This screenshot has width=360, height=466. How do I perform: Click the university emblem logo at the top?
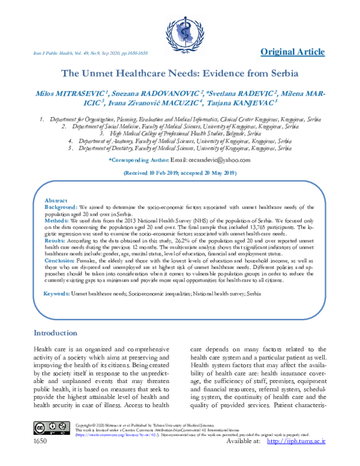(x=181, y=27)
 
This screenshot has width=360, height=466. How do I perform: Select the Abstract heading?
(x=56, y=200)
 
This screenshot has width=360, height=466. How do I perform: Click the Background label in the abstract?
(x=61, y=206)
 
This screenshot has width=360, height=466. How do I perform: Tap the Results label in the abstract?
(x=56, y=240)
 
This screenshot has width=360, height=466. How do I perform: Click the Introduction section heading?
(x=55, y=333)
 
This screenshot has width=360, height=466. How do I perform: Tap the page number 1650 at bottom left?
(x=41, y=458)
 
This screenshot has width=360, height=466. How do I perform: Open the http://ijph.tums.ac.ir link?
(x=295, y=458)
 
